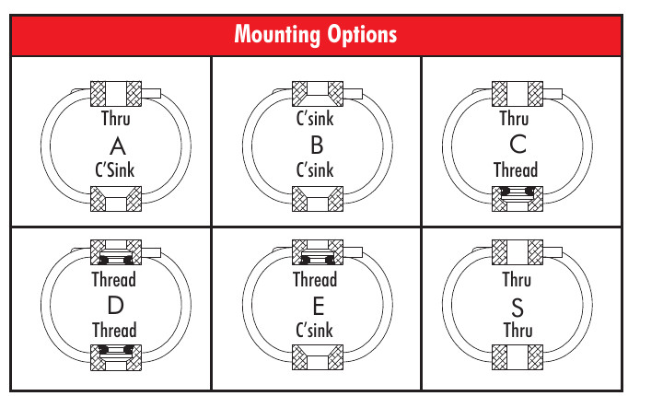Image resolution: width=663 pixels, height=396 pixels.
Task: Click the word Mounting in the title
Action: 277,35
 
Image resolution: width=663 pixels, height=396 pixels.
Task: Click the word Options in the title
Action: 363,35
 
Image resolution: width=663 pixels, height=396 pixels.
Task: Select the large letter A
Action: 118,146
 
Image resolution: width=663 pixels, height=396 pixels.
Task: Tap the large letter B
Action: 317,146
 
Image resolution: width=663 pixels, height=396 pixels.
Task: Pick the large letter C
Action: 518,145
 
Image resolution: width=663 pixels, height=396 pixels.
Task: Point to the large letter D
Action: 115,305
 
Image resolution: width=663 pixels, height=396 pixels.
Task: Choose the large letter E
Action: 319,306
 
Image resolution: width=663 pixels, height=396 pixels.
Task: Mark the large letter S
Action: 518,308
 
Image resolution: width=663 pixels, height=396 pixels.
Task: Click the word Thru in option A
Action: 116,119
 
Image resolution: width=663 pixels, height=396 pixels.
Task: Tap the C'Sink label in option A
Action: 114,170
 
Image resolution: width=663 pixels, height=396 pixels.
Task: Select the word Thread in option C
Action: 516,170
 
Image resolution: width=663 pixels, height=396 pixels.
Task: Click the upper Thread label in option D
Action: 114,280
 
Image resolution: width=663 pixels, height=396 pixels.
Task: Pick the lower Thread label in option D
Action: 114,331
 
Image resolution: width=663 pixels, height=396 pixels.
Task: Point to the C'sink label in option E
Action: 315,331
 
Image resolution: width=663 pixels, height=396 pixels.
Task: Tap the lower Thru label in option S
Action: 518,331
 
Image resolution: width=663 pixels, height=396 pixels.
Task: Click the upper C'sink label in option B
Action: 315,119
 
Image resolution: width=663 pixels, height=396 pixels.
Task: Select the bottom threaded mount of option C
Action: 518,199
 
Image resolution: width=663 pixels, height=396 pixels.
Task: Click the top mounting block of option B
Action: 318,94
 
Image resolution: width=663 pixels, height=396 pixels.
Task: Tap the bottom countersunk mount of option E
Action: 318,357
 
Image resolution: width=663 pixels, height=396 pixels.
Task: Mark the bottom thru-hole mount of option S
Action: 518,357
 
